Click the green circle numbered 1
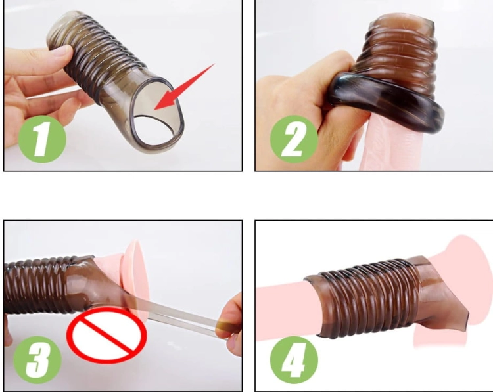point(43,139)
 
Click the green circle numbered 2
point(294,139)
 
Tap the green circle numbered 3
point(37,359)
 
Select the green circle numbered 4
point(294,359)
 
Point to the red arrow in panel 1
point(184,87)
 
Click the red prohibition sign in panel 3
point(107,335)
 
